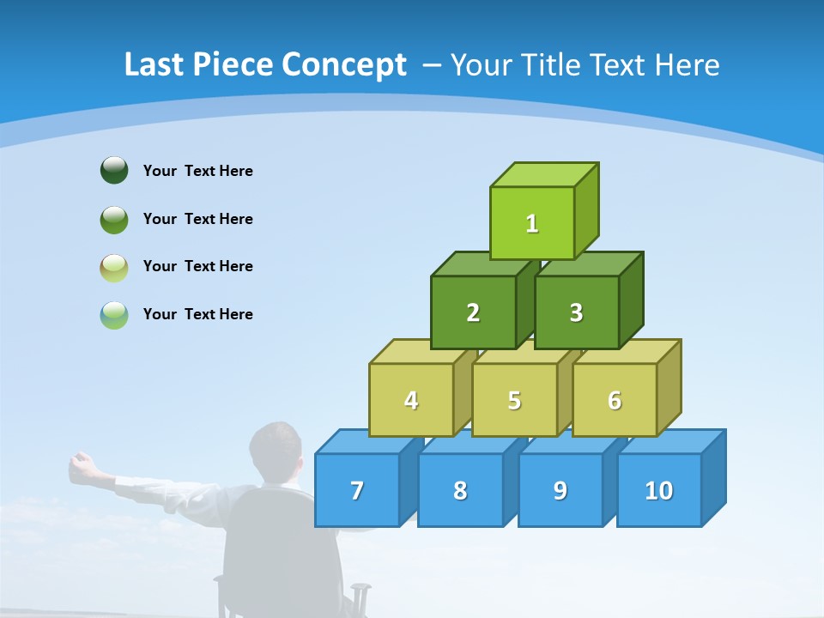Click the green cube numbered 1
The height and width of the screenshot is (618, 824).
[x=532, y=223]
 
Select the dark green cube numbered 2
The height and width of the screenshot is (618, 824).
[x=473, y=312]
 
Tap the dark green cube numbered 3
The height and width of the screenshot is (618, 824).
[x=576, y=312]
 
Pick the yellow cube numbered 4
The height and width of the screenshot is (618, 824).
[x=411, y=400]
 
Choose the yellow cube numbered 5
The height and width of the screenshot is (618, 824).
[x=514, y=400]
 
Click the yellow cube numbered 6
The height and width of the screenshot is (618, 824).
[x=615, y=400]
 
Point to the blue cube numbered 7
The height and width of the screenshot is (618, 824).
[x=357, y=490]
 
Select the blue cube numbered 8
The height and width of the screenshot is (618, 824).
[x=460, y=490]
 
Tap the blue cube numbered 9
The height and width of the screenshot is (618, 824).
[x=560, y=490]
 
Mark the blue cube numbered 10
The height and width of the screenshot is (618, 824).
[x=658, y=490]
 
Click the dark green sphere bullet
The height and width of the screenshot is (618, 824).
[x=114, y=170]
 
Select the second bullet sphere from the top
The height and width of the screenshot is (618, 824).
[x=114, y=219]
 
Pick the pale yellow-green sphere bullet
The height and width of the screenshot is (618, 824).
[x=114, y=267]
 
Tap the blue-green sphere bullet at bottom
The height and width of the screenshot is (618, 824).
[x=114, y=314]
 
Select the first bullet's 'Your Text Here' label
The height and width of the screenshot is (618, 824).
[x=198, y=171]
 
